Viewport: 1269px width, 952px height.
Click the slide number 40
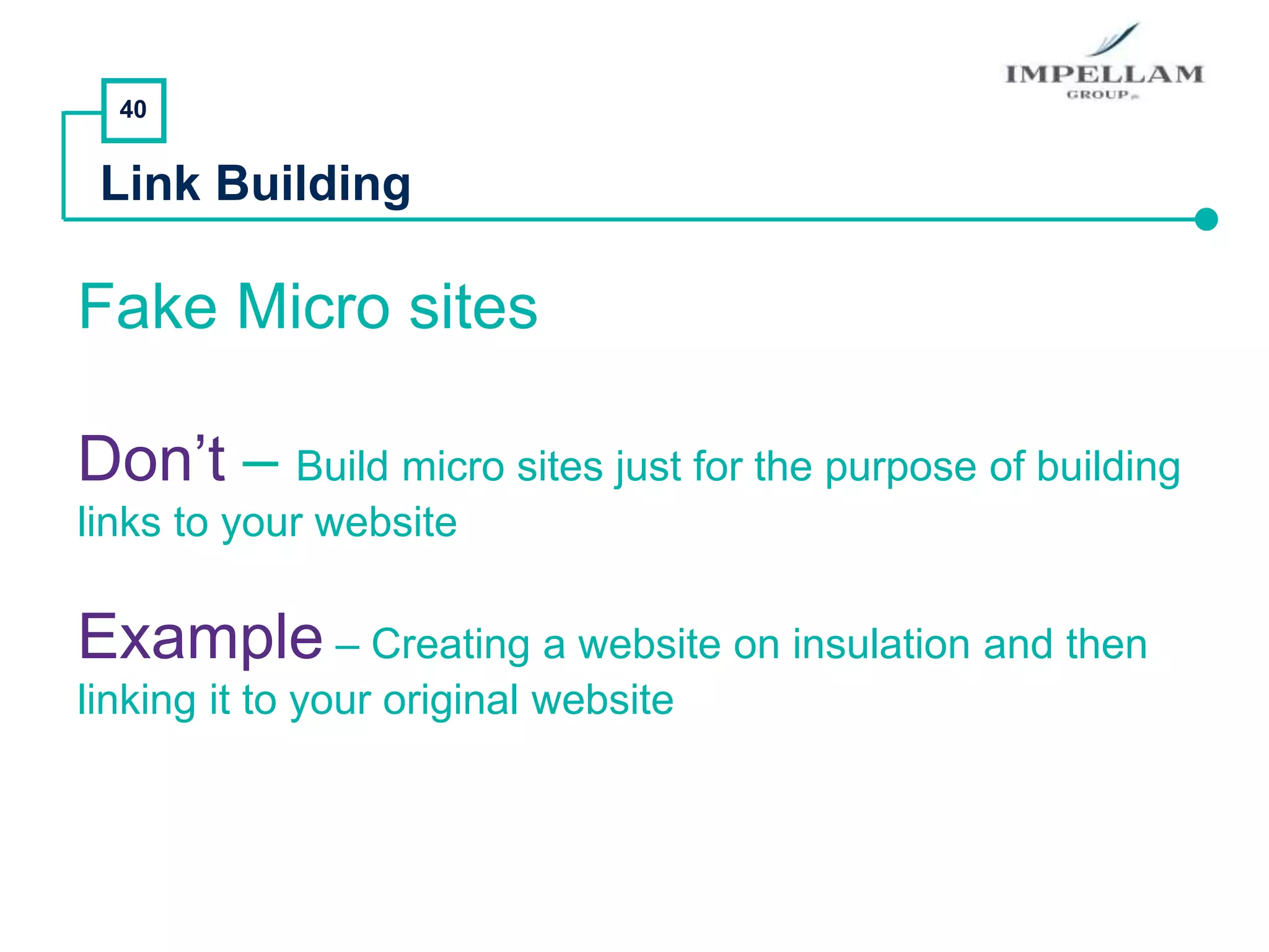(133, 110)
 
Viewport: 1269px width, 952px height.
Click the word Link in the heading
(151, 184)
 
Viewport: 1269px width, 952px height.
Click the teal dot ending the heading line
(1206, 219)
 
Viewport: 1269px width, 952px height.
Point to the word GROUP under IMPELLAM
(1098, 95)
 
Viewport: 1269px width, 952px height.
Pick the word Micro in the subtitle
(314, 307)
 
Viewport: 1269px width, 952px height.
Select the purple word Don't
(152, 459)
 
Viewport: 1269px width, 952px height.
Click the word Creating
(450, 645)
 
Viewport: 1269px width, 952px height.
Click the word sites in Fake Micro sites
(473, 307)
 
